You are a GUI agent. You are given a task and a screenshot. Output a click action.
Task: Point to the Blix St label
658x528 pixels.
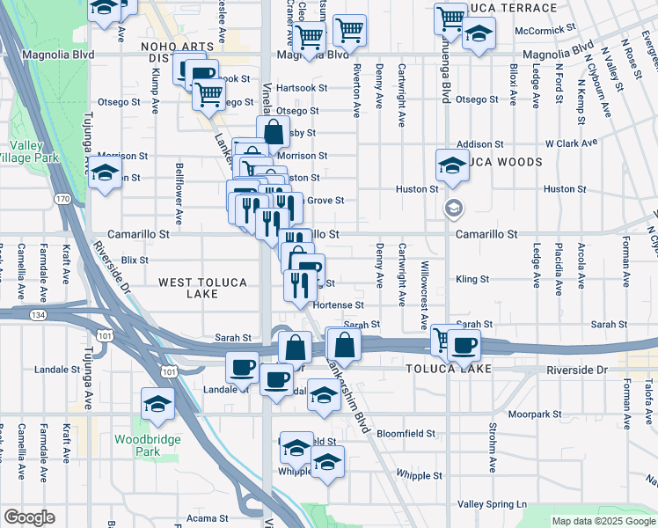tap(135, 260)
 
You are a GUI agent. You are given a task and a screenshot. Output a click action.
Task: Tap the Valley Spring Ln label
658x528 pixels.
tap(492, 504)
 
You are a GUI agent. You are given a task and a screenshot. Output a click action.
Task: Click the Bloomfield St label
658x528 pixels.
tap(406, 434)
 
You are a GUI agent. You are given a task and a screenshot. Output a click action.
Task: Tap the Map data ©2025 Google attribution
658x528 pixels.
tap(603, 521)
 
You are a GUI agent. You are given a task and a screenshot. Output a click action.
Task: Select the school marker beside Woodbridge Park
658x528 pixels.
tap(157, 403)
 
